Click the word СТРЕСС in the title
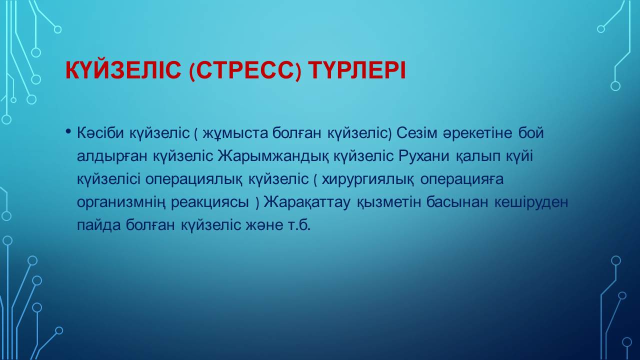click(245, 70)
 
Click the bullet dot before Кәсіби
click(68, 131)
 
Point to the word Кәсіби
click(100, 133)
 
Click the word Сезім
click(417, 133)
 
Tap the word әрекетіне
click(477, 133)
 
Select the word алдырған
click(112, 157)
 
